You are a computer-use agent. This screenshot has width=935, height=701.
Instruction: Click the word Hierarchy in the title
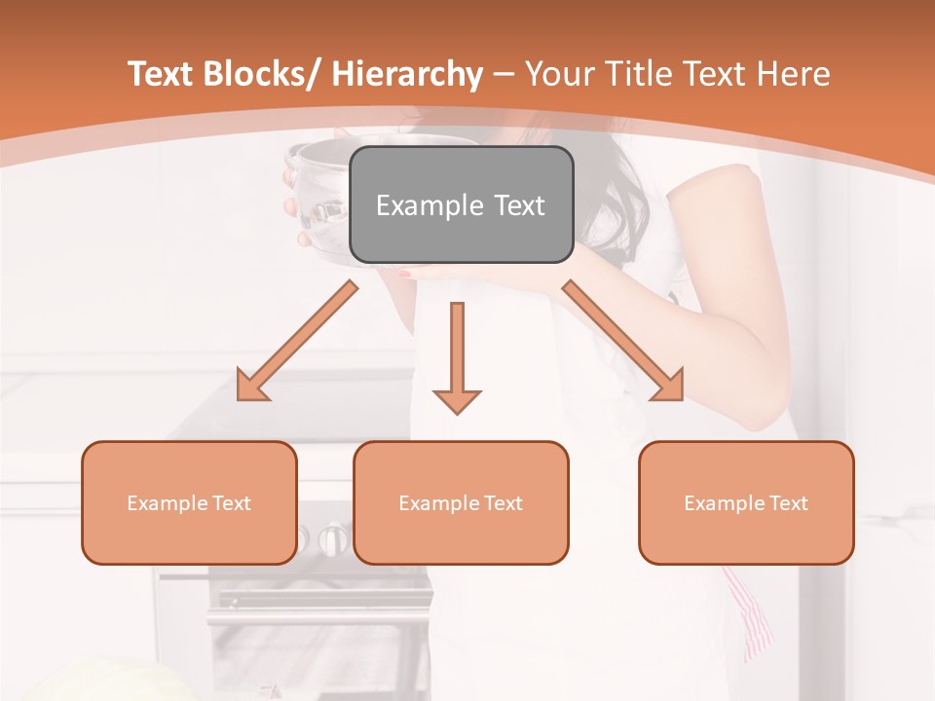tap(407, 74)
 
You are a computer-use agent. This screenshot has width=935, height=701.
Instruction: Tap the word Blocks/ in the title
tap(266, 74)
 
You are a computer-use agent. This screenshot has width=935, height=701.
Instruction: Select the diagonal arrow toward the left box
tap(296, 341)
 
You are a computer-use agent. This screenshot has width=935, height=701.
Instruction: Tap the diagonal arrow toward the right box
tap(623, 341)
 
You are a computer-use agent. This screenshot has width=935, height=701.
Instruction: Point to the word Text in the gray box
tap(518, 205)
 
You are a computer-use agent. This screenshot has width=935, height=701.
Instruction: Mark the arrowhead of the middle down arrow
tap(457, 400)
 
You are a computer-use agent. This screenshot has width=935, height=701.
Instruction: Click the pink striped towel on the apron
tap(750, 613)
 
